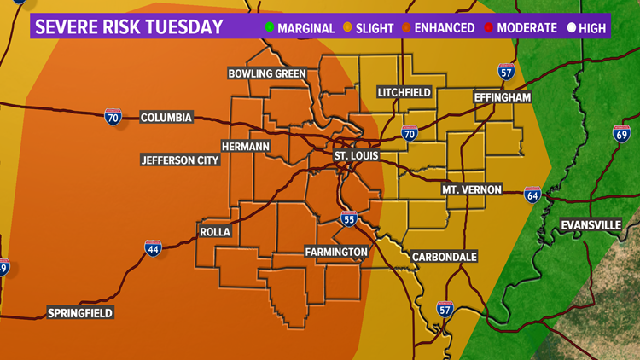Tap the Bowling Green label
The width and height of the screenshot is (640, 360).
pos(266,73)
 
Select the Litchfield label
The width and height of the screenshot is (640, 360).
pos(404,92)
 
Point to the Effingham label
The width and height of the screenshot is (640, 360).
pos(503,98)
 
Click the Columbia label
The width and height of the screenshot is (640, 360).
pos(166,118)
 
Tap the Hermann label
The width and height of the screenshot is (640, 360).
pos(245,147)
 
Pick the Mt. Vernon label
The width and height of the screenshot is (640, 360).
pos(471,189)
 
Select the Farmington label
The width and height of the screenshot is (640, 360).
pos(336,252)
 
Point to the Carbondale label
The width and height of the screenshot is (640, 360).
pos(444,256)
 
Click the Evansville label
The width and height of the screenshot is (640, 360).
pos(591,225)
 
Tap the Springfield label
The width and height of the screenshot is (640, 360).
pos(80,313)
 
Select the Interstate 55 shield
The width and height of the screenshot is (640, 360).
pos(348,219)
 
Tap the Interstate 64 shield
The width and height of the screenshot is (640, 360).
pos(532,195)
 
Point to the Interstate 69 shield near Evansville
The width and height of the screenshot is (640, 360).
pos(621,133)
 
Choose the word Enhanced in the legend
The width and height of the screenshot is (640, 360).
pos(444,28)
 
